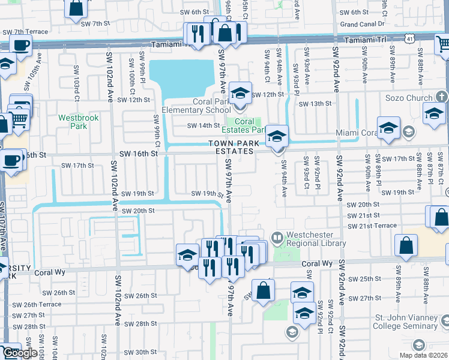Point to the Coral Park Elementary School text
click(211, 106)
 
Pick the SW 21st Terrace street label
click(372, 225)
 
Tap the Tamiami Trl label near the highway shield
click(366, 39)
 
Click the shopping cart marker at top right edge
click(443, 44)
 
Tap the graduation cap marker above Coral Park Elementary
click(240, 93)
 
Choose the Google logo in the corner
click(19, 353)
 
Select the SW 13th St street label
click(325, 103)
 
